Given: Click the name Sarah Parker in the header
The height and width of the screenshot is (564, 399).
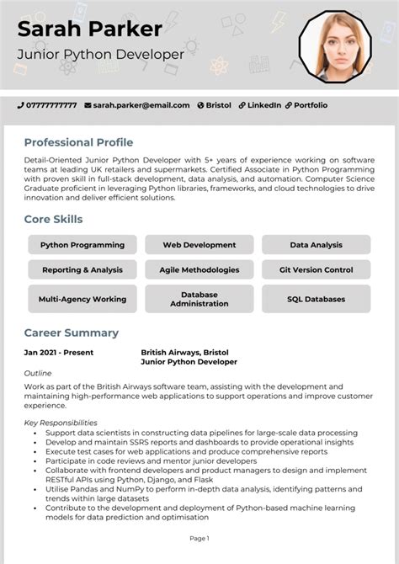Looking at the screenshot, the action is click(89, 29).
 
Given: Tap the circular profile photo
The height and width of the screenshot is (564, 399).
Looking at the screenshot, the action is click(334, 45).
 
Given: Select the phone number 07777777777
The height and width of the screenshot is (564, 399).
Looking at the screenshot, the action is click(51, 105).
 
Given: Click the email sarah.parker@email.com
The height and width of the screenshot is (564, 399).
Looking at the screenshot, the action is click(141, 105).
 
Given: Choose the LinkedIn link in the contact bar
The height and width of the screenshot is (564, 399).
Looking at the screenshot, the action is click(263, 105).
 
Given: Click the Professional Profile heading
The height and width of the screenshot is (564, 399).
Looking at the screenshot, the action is click(78, 142).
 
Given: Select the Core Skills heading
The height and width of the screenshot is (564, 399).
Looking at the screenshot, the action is click(53, 220).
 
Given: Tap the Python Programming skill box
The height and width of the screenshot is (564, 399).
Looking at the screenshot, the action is click(82, 245).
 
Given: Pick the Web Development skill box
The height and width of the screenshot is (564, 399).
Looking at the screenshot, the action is click(199, 245).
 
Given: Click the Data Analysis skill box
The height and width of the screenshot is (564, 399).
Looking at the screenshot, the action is click(316, 245).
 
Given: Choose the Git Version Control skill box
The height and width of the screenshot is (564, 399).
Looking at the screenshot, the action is click(316, 270).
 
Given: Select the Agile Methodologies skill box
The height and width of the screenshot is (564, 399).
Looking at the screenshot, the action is click(199, 270).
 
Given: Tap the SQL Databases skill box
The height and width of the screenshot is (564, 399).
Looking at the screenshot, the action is click(316, 299).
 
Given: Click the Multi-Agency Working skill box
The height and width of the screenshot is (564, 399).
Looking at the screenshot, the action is click(82, 299).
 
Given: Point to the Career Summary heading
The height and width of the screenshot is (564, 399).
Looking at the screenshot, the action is click(71, 333).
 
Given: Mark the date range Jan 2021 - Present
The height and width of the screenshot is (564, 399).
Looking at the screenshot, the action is click(59, 353).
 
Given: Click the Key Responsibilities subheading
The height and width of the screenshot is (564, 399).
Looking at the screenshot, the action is click(61, 423).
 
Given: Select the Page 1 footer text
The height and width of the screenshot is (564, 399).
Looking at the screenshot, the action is click(199, 538).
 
